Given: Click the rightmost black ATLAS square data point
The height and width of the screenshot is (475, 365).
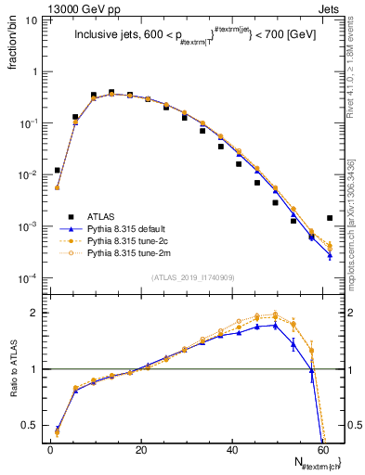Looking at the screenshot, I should tap(330, 218).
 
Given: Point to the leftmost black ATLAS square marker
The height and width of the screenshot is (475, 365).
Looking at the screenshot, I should tap(58, 170).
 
